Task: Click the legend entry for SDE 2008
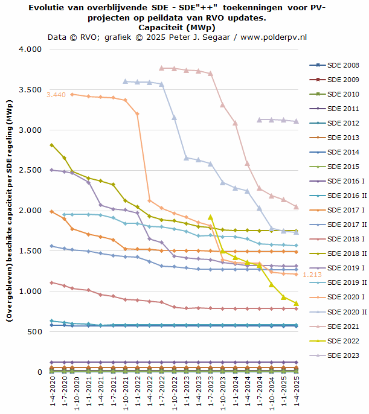pos(342,65)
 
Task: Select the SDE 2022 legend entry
pos(342,341)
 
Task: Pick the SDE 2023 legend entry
pos(342,355)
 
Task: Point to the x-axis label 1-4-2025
pos(296,392)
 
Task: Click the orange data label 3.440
pos(56,94)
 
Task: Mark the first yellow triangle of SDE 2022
pos(210,217)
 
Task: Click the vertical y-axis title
pos(10,211)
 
